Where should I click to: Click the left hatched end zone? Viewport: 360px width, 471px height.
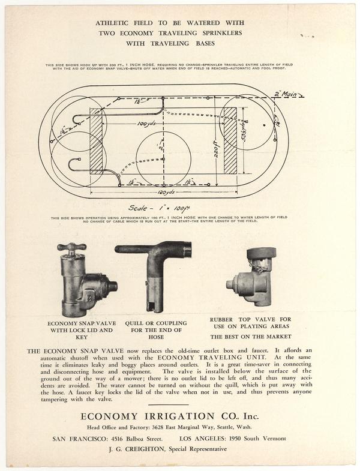coord(97,141)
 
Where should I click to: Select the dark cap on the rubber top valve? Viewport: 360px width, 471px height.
coord(261,253)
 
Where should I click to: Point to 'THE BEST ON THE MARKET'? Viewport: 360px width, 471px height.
coord(251,337)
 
